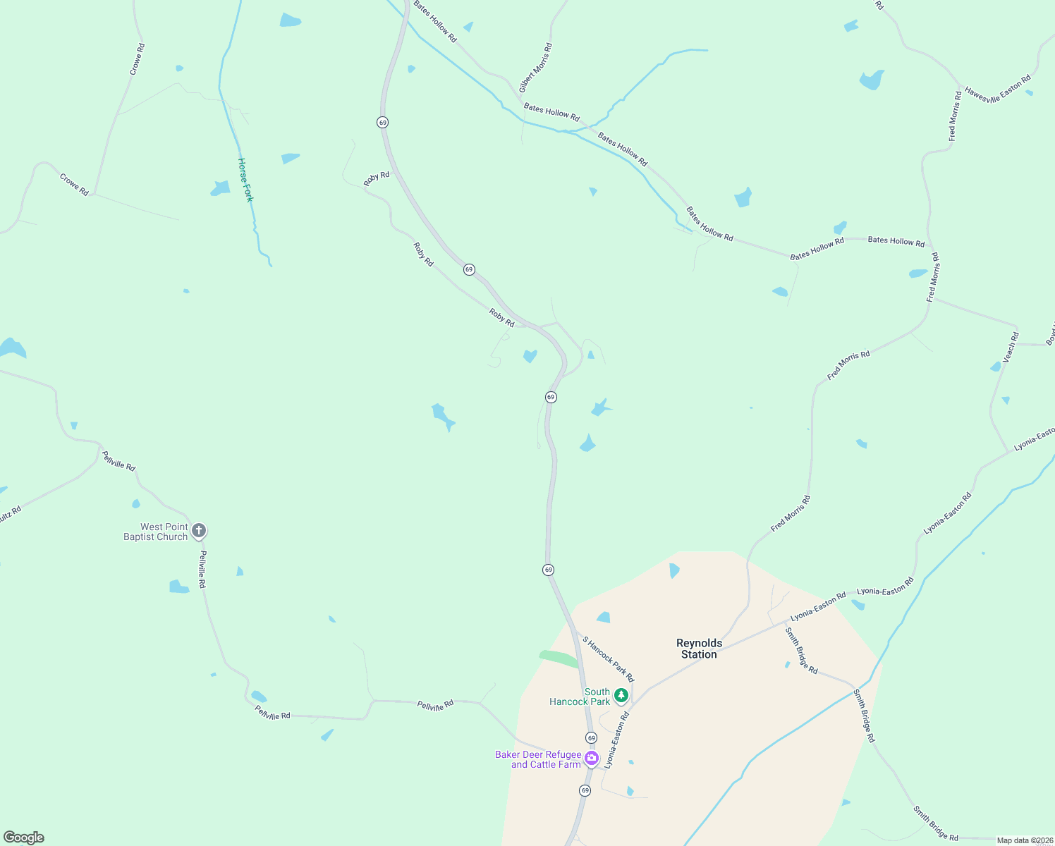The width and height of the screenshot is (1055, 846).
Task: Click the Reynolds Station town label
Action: (699, 649)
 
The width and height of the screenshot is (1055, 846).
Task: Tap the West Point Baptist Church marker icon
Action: (199, 530)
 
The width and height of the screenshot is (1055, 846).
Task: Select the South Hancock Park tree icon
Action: (621, 696)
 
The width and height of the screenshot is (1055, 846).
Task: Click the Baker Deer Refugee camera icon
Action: (591, 758)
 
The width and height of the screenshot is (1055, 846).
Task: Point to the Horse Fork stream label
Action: (245, 180)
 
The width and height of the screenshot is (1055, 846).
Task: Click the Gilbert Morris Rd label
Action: (535, 68)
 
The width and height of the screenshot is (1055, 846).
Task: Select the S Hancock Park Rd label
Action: (608, 659)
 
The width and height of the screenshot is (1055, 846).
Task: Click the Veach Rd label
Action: (1011, 347)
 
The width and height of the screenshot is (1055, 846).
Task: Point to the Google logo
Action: (23, 838)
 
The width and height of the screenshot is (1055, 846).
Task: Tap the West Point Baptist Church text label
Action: (156, 532)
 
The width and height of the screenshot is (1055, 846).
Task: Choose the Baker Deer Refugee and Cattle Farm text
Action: (538, 759)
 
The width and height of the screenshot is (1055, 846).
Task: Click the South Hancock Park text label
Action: (580, 697)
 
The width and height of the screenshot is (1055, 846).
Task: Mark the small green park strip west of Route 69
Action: (559, 658)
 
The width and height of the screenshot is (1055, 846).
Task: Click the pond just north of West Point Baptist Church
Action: (135, 503)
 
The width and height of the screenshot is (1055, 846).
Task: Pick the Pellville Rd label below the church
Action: (202, 570)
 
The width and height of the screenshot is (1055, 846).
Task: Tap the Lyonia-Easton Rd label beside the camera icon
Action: (616, 740)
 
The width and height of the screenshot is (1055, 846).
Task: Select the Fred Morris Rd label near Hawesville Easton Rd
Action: (955, 116)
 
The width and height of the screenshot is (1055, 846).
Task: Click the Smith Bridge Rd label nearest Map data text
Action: (935, 823)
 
